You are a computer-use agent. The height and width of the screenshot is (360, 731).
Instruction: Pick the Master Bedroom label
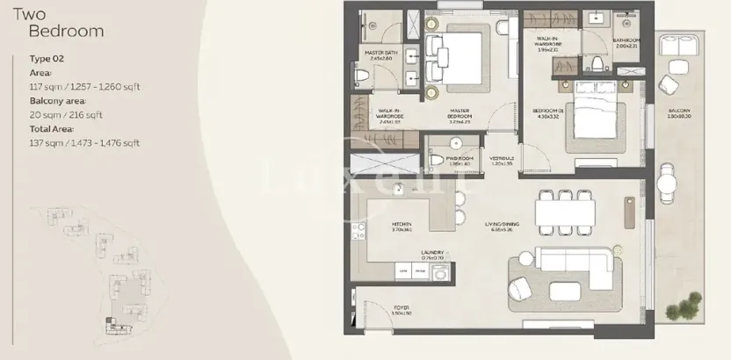(459, 115)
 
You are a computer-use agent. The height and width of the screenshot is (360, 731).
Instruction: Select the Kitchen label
(402, 227)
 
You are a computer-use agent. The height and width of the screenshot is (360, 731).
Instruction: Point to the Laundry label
(431, 253)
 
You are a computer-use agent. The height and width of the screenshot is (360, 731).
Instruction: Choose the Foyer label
(402, 310)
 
